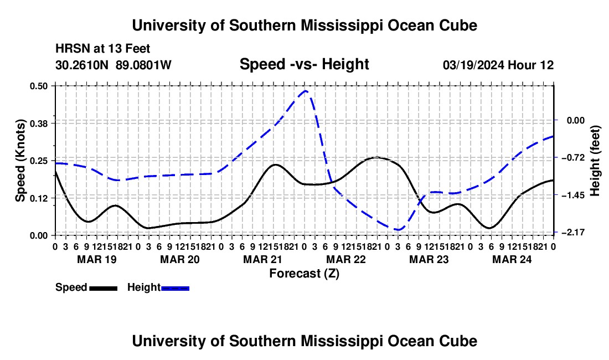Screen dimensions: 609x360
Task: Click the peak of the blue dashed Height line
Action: [306, 91]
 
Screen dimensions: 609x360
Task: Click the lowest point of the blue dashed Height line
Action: [398, 230]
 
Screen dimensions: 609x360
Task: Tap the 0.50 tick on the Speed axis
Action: [38, 86]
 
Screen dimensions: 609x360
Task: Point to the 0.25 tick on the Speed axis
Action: [38, 161]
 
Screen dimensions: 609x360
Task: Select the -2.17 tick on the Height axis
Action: [573, 232]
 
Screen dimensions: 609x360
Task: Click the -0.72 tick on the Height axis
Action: [573, 158]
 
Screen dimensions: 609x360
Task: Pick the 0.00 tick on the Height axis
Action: [576, 120]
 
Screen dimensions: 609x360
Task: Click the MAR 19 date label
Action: [97, 259]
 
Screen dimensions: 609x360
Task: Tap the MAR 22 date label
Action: [346, 259]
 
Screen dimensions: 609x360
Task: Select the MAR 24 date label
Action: [512, 259]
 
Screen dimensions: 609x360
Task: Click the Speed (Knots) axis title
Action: [20, 161]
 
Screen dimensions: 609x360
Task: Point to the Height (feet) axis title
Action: [595, 161]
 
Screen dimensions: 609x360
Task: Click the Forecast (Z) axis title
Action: [304, 274]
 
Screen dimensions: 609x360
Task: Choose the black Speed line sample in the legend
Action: [104, 288]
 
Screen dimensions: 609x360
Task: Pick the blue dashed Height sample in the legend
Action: [175, 288]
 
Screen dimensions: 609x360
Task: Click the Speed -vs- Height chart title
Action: [304, 64]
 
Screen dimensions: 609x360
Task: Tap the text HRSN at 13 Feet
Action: [102, 49]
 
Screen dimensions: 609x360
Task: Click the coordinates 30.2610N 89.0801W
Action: [113, 65]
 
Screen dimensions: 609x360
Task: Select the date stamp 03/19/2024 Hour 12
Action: [498, 65]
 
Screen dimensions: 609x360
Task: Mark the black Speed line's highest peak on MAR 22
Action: [376, 157]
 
